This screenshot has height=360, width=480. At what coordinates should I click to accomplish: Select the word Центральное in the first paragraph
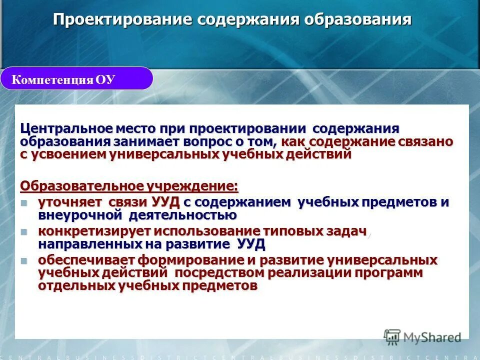(59, 128)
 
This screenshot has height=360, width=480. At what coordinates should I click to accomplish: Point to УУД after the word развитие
(250, 244)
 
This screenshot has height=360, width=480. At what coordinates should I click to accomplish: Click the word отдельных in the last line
(76, 286)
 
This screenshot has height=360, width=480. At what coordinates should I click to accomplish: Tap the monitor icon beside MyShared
(392, 336)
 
